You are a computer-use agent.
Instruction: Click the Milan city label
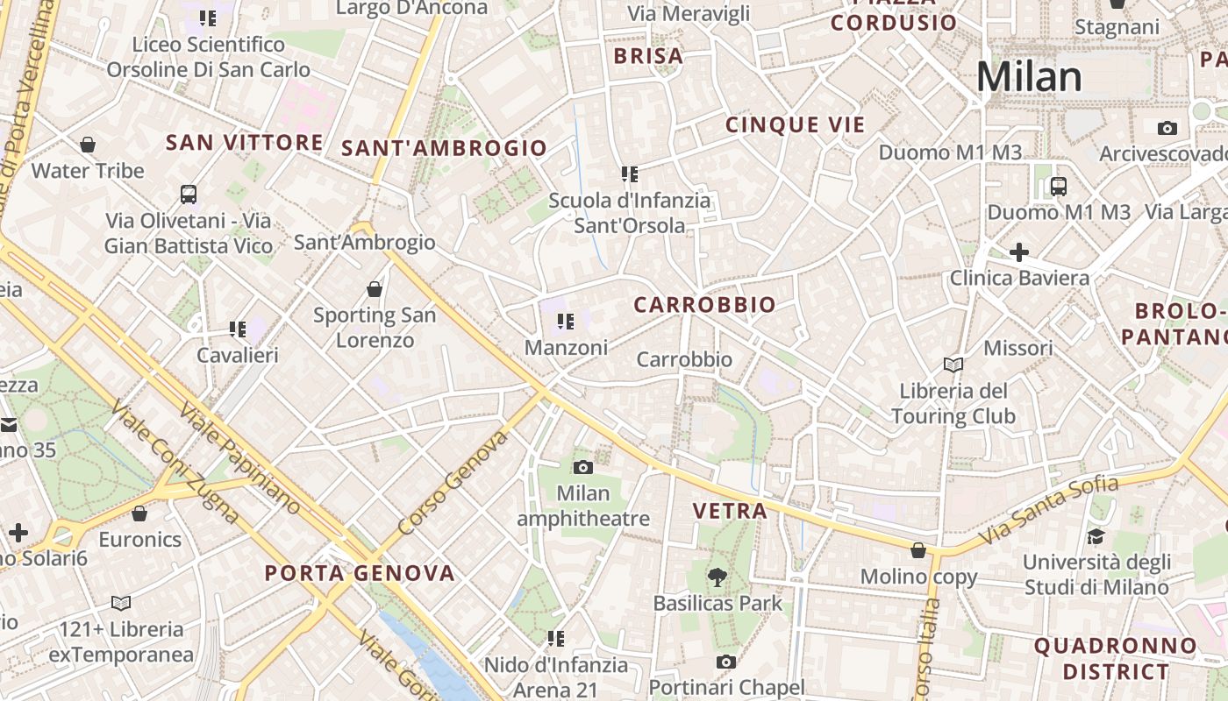click(x=1029, y=77)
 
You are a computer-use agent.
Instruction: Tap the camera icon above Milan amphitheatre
click(x=582, y=467)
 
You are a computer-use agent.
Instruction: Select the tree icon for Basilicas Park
click(x=718, y=577)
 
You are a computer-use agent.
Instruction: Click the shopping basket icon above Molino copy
click(x=918, y=550)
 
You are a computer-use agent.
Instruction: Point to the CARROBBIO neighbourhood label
click(x=704, y=305)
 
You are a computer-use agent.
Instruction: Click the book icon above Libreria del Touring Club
click(x=953, y=365)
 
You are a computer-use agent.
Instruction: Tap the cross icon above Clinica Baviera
click(x=1018, y=253)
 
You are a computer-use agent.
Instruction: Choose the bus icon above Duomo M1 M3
click(x=1059, y=186)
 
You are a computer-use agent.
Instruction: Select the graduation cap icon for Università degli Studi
click(x=1096, y=536)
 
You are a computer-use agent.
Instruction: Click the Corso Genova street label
click(x=453, y=483)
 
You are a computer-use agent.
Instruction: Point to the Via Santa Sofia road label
click(x=1048, y=509)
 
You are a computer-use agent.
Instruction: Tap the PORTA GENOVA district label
click(x=360, y=574)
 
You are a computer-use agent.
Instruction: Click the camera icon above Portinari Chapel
click(x=725, y=662)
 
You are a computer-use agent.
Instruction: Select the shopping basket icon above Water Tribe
click(x=88, y=145)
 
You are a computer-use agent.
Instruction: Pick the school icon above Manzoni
click(x=566, y=322)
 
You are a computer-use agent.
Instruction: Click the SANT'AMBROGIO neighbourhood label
click(x=444, y=148)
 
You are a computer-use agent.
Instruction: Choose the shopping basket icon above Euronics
click(x=139, y=513)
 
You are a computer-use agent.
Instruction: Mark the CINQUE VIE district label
click(x=795, y=125)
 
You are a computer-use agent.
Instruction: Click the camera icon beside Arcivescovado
click(x=1167, y=128)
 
